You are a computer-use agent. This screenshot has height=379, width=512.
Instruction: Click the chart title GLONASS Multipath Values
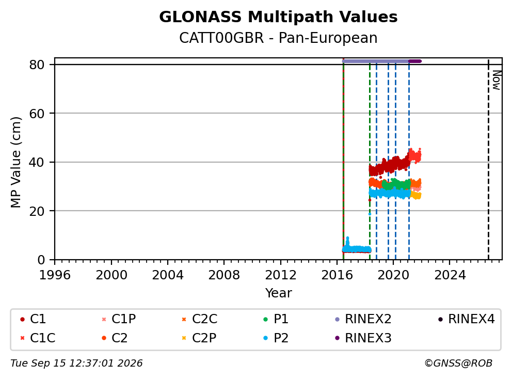coord(278,17)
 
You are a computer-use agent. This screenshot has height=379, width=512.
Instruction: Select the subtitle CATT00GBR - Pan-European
coord(278,38)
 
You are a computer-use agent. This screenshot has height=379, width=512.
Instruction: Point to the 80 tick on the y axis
coord(37,65)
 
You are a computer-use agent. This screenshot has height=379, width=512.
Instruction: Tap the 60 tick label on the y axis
coord(37,114)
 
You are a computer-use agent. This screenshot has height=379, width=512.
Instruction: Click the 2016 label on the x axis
coord(337,275)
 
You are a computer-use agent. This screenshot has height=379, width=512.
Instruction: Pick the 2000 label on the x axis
coord(111,275)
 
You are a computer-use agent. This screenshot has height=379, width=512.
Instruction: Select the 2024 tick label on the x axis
coord(450,275)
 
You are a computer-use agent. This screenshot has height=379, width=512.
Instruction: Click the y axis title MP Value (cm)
coord(15,162)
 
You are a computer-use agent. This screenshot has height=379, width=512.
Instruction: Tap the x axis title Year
coord(278,293)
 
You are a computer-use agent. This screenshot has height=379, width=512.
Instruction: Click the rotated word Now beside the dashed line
coord(497,81)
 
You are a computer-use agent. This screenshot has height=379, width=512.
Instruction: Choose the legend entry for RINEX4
coord(467,319)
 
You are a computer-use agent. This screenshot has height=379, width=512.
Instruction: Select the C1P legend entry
coord(119,319)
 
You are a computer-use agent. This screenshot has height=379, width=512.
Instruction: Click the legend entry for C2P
coord(199,338)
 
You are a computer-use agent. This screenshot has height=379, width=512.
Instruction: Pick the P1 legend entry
coord(276,319)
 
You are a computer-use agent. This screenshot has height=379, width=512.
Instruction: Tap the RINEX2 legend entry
coord(363,319)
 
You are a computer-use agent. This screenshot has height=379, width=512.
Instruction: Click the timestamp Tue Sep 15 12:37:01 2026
coord(76,364)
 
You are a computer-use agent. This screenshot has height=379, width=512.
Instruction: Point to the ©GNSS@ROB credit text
coord(458,364)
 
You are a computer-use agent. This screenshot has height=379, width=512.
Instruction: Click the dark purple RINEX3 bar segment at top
coord(415,61)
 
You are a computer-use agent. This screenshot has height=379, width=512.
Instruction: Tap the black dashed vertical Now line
coord(488,160)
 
